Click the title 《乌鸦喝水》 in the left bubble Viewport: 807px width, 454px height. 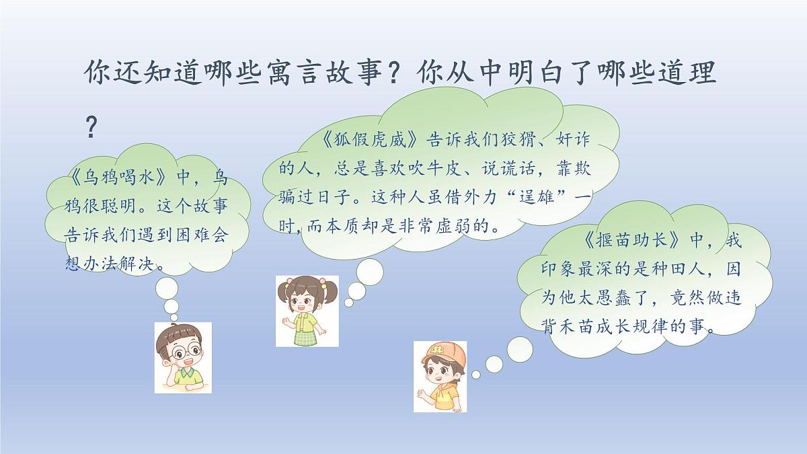point(118,178)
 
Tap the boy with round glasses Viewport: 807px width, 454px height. point(182,357)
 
